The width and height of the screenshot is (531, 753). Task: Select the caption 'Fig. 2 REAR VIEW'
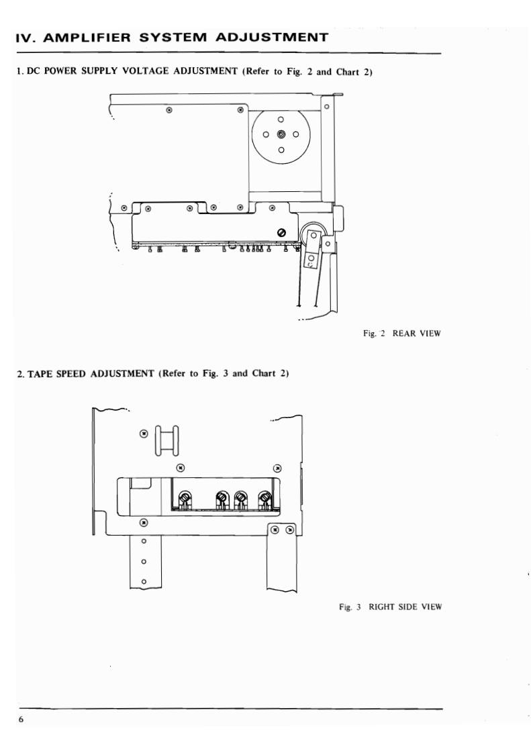(x=400, y=334)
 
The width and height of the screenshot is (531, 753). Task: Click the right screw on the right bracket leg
(x=290, y=530)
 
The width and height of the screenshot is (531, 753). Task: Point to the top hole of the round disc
(x=281, y=119)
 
